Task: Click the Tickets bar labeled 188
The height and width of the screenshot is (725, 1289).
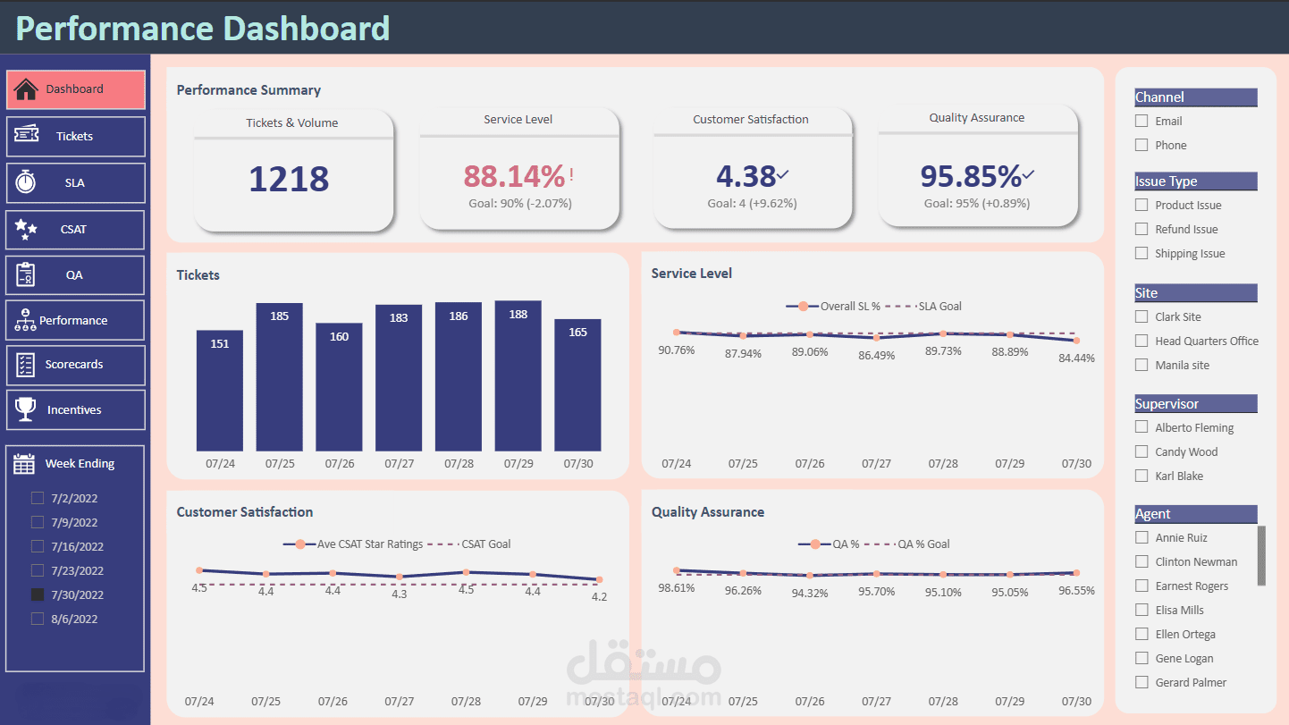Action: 518,375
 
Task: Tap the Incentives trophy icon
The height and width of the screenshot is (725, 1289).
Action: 26,409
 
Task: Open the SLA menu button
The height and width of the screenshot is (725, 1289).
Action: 75,182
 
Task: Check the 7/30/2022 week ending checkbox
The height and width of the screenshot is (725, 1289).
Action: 38,594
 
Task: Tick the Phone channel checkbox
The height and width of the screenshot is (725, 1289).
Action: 1142,145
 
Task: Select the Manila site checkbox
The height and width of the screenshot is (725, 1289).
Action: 1142,365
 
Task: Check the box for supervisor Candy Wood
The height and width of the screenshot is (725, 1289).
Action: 1142,451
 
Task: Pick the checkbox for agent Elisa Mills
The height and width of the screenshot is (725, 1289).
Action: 1142,610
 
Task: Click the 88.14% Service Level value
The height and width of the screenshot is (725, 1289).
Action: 514,175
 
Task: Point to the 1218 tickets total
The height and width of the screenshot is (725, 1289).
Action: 289,180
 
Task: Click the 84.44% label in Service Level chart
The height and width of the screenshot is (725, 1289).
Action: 1076,358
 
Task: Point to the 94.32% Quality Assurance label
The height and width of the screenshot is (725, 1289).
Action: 809,592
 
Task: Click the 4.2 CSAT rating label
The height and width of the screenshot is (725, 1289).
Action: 599,596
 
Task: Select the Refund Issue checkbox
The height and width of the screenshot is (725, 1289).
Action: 1142,229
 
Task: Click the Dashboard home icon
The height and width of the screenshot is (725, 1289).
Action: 26,89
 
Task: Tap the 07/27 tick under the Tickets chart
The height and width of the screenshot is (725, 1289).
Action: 399,464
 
